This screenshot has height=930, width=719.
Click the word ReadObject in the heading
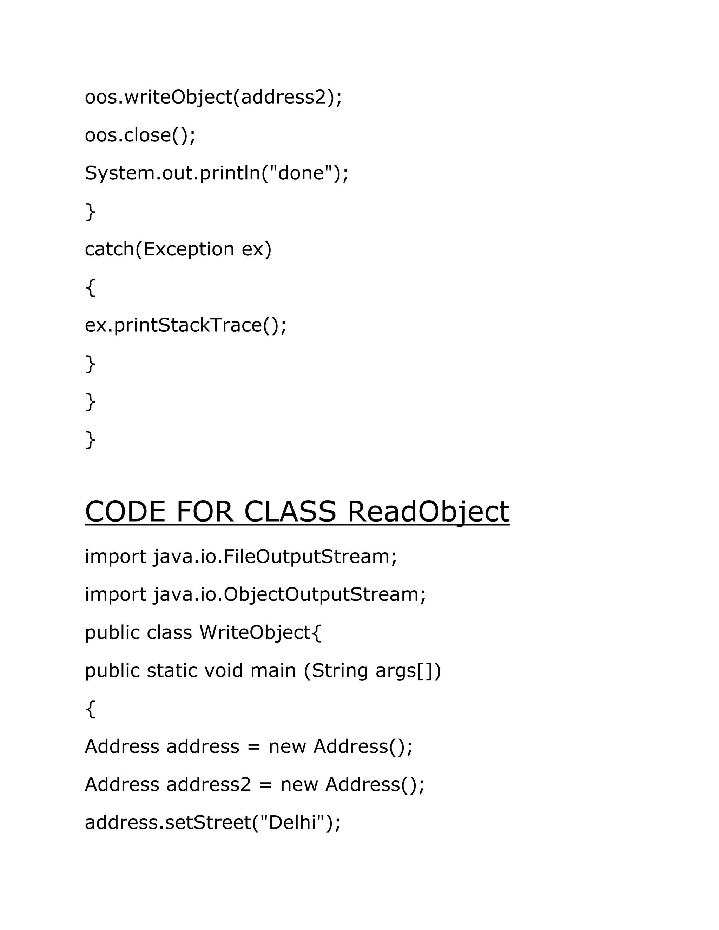428,512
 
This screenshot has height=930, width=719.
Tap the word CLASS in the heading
290,512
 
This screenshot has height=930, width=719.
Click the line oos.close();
140,135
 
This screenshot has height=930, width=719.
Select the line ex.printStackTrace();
186,325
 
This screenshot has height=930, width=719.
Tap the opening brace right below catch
90,287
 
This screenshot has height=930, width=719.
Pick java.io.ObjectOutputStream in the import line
290,595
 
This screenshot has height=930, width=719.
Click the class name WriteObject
255,633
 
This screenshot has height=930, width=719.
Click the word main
272,671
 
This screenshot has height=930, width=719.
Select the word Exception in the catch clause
189,249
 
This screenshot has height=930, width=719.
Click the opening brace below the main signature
90,709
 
